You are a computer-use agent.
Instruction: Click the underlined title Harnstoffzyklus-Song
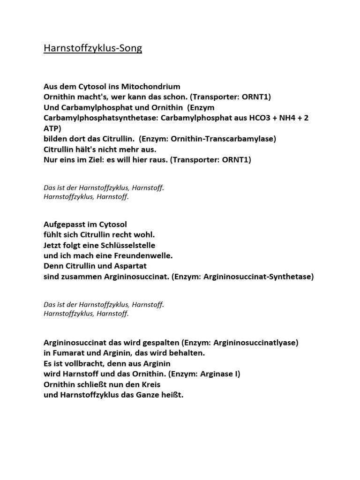tap(93, 48)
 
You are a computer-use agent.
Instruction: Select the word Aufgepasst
tap(65, 225)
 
